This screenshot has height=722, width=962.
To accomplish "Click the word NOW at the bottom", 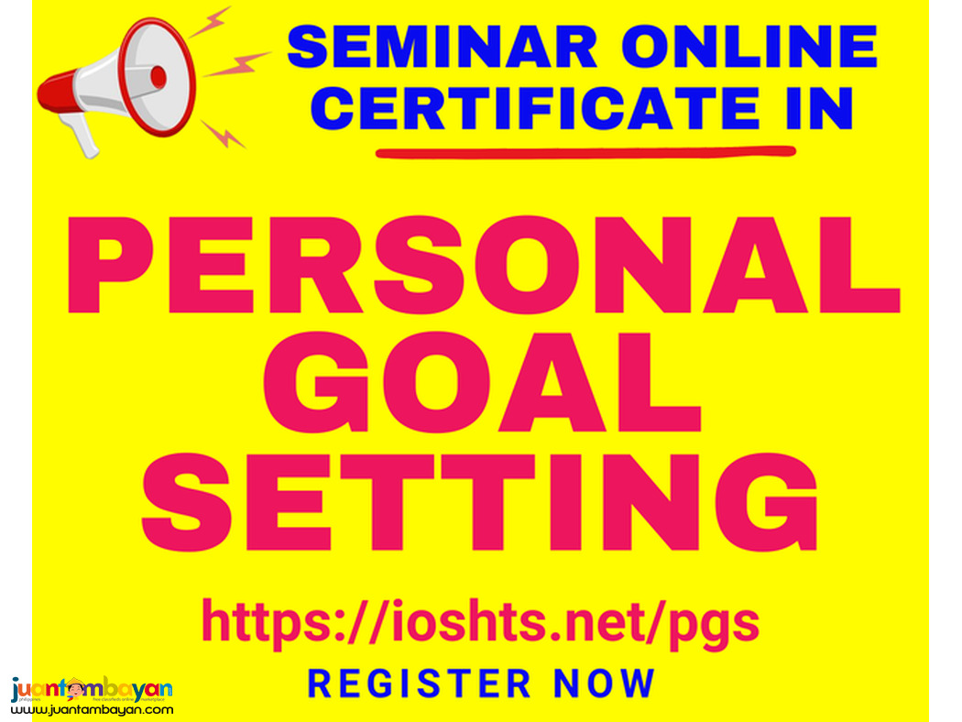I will (605, 684).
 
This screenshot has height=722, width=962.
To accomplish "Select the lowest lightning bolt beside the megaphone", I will (223, 135).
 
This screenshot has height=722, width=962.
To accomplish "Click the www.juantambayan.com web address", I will (92, 709).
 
